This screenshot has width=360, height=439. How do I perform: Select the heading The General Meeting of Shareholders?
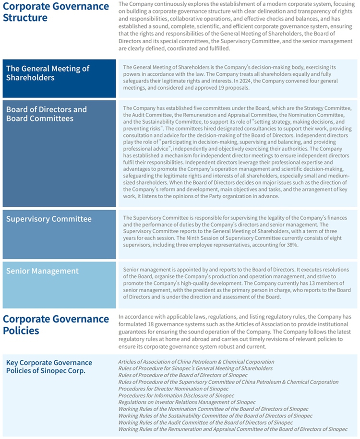(x=48, y=73)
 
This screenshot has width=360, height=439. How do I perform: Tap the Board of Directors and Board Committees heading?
(x=47, y=114)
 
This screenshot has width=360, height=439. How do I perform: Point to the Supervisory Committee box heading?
(x=48, y=219)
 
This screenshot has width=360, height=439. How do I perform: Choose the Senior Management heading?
(x=42, y=271)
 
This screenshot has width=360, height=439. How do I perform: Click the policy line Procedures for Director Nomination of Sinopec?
(x=173, y=389)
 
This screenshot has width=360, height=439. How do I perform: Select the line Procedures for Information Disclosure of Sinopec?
(x=176, y=395)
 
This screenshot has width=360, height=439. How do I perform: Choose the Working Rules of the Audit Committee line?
(x=205, y=422)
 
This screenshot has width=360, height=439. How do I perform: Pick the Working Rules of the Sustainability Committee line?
(x=215, y=415)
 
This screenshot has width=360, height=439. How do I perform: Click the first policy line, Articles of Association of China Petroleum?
(x=196, y=362)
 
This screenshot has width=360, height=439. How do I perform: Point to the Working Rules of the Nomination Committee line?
(x=213, y=409)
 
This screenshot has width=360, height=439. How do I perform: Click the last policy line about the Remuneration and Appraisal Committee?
(x=233, y=429)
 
